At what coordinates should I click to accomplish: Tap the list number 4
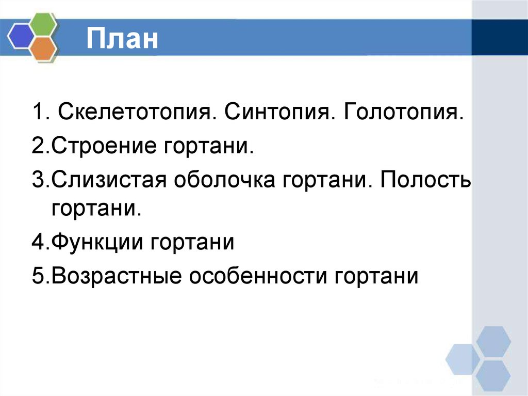tap(38, 242)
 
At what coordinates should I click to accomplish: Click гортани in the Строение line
tap(208, 147)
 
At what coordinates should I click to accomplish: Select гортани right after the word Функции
tap(193, 242)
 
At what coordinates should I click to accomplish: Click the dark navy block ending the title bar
tap(499, 37)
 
